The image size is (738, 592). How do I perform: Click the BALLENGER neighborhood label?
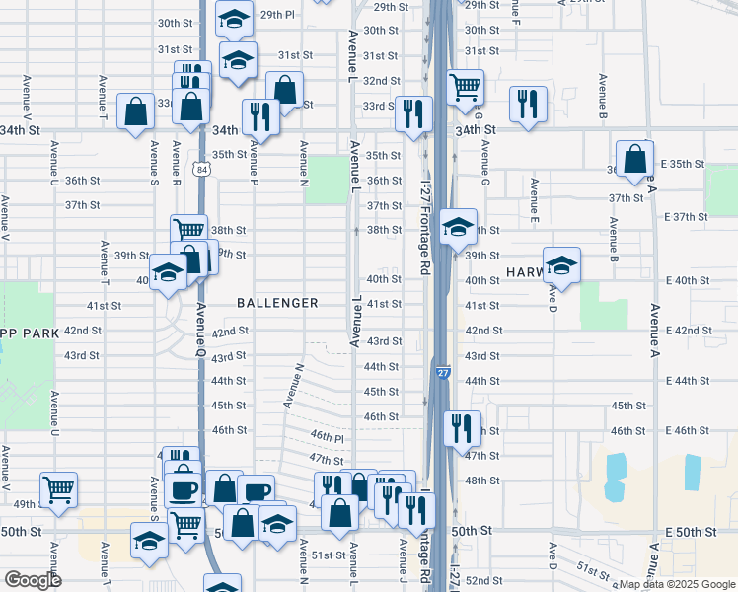pyautogui.click(x=277, y=303)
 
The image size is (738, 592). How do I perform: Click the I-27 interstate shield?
pyautogui.click(x=443, y=373)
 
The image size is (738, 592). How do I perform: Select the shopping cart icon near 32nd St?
pyautogui.click(x=466, y=87)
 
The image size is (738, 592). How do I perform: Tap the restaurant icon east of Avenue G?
pyautogui.click(x=529, y=104)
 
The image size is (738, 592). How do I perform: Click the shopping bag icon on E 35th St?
pyautogui.click(x=634, y=158)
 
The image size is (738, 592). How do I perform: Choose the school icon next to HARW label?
pyautogui.click(x=561, y=263)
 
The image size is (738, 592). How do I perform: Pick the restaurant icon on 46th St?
pyautogui.click(x=462, y=428)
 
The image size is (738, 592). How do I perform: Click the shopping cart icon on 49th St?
pyautogui.click(x=59, y=488)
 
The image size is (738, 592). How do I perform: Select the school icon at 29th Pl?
pyautogui.click(x=236, y=18)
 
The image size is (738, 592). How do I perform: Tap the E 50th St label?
pyautogui.click(x=690, y=532)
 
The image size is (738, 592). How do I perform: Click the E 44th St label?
pyautogui.click(x=690, y=380)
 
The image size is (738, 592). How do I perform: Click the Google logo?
pyautogui.click(x=33, y=580)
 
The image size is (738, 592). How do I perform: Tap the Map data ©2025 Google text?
pyautogui.click(x=674, y=584)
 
